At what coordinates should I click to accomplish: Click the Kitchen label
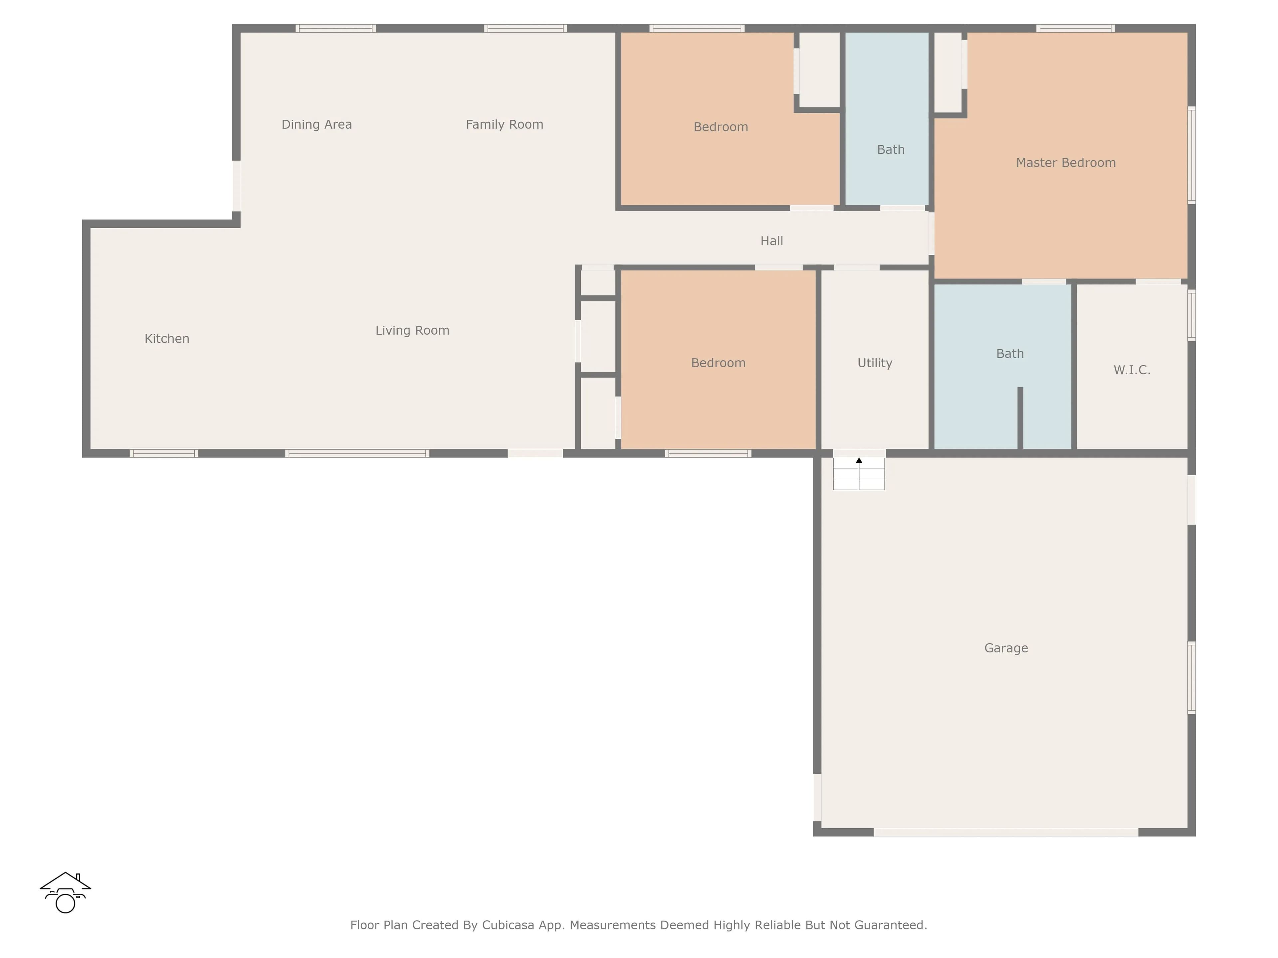(167, 339)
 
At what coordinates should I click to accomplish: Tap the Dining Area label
(317, 125)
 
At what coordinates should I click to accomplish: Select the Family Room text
(505, 125)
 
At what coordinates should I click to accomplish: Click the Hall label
(772, 241)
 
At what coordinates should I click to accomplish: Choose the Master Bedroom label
(1066, 163)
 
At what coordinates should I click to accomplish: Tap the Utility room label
(875, 363)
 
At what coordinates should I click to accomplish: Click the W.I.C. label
(1132, 370)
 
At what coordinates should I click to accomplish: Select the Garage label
(1006, 649)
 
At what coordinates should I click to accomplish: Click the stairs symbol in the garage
(859, 474)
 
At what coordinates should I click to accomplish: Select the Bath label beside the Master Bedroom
(891, 150)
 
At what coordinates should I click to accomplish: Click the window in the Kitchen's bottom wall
(164, 453)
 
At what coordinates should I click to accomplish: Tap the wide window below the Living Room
(357, 453)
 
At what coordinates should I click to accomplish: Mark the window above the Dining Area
(336, 28)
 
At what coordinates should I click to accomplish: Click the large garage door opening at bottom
(1006, 832)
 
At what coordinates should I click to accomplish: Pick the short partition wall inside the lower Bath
(1020, 418)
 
